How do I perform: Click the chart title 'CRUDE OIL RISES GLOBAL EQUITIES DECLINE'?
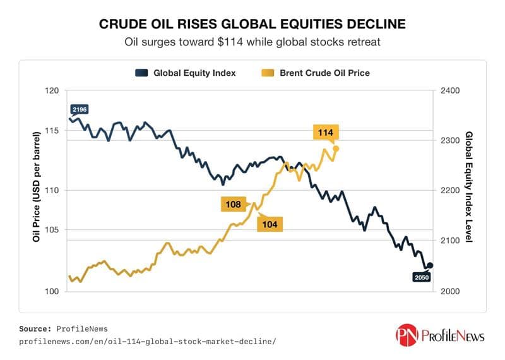[x=252, y=25]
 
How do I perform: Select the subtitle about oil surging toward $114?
[x=252, y=43]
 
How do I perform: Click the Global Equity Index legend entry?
[x=186, y=73]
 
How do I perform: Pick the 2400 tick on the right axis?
[x=452, y=90]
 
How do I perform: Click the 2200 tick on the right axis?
[x=452, y=191]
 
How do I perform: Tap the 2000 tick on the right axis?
[x=452, y=291]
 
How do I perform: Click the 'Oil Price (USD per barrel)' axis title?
[x=36, y=191]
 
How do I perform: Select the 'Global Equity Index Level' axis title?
[x=469, y=191]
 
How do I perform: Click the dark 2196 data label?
[x=79, y=109]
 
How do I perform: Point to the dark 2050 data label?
[x=421, y=277]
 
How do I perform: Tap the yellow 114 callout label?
[x=326, y=132]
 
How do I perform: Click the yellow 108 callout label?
[x=233, y=205]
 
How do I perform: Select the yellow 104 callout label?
[x=270, y=224]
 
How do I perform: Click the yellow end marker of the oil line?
[x=336, y=148]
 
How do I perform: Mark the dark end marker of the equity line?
[x=431, y=265]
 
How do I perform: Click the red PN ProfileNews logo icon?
[x=407, y=334]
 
